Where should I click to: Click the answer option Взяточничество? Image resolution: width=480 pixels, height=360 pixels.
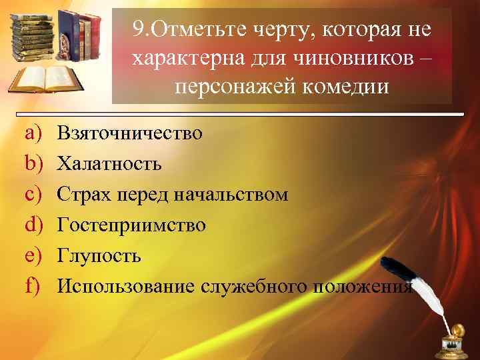pos(129,133)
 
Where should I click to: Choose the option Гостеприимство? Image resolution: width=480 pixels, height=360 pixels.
pos(131,225)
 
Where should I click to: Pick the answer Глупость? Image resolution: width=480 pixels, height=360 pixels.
pos(99,256)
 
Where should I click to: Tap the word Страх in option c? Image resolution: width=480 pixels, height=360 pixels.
pos(79,195)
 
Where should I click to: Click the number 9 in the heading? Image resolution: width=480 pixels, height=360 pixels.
pos(137,29)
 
